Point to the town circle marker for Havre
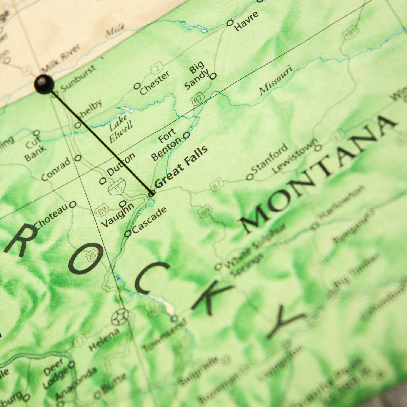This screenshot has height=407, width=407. (x=230, y=23)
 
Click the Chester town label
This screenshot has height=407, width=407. (x=154, y=82)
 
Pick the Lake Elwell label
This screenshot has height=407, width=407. (x=120, y=129)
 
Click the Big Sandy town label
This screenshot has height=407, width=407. (x=197, y=75)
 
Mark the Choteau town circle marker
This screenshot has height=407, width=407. (x=73, y=205)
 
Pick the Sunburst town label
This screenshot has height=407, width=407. (x=78, y=79)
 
